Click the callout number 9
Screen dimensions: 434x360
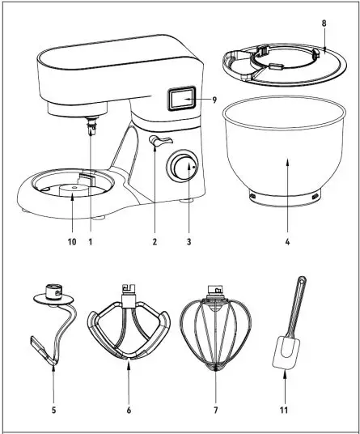point(215,100)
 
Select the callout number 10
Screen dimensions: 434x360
point(70,241)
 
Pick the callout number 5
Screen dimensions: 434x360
point(53,411)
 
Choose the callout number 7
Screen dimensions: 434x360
point(215,411)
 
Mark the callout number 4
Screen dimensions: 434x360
point(286,241)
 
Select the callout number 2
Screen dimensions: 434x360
point(152,241)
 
